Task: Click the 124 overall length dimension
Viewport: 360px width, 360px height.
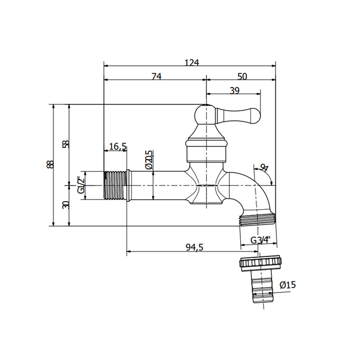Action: [x=192, y=62]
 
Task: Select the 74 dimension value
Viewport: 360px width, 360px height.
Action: [x=157, y=76]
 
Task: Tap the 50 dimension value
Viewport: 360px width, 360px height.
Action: [x=242, y=76]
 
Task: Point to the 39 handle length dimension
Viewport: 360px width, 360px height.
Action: [x=234, y=90]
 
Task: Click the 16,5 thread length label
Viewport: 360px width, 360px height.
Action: [x=118, y=146]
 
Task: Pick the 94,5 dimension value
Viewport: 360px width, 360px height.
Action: [x=194, y=247]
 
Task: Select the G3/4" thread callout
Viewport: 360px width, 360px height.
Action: [x=261, y=240]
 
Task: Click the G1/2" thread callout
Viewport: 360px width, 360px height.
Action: [x=81, y=185]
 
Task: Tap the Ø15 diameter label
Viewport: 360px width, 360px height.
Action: [x=288, y=285]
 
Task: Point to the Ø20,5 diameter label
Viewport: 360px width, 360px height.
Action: [x=149, y=160]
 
